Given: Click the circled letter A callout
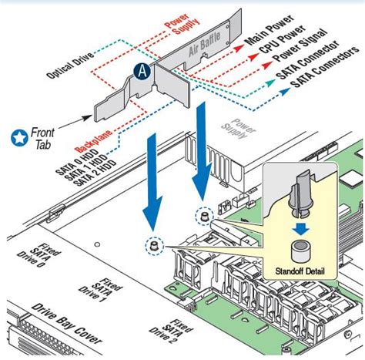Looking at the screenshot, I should (x=142, y=71).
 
